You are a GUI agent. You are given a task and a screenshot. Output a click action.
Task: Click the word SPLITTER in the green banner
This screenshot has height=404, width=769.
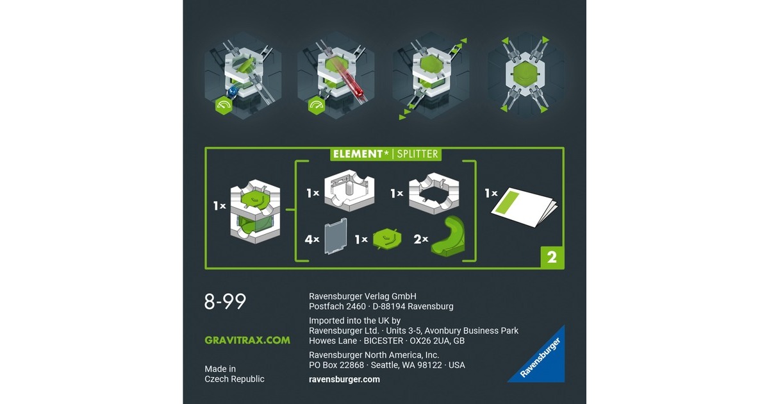[417, 154]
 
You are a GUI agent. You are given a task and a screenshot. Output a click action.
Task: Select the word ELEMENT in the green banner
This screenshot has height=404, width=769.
[358, 154]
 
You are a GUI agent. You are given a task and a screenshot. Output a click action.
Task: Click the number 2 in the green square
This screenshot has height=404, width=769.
[552, 257]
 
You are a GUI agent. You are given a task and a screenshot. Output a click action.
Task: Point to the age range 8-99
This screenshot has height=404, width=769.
[225, 301]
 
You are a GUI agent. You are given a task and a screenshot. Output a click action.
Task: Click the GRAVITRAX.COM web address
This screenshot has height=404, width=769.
[247, 340]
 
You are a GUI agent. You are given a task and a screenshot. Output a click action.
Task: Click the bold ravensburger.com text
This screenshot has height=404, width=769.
[344, 379]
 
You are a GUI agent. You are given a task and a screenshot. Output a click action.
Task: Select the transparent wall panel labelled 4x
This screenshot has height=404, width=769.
[335, 237]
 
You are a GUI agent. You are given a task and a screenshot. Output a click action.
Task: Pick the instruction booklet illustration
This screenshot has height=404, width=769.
[524, 206]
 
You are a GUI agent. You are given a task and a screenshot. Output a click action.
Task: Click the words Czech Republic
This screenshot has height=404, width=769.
[235, 379]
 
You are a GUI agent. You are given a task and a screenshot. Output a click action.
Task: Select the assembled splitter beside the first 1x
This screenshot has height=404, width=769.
[255, 211]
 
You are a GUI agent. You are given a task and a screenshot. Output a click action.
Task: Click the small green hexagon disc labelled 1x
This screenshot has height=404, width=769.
[387, 239]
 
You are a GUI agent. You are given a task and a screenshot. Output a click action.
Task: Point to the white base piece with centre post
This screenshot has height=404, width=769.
[349, 190]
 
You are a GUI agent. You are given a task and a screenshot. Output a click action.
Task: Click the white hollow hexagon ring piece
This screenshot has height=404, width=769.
[434, 193]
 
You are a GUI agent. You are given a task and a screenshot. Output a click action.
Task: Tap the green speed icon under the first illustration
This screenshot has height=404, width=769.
[224, 106]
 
